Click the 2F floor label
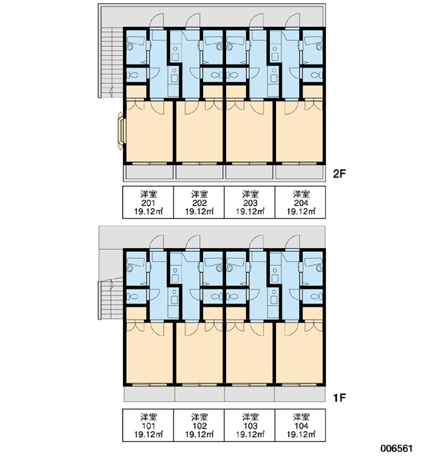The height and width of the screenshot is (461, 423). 339,174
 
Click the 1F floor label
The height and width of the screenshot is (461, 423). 339,397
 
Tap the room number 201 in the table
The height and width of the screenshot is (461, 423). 148,203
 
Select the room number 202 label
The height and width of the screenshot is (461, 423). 199,203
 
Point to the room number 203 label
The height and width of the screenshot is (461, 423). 250,203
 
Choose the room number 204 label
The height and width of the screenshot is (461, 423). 301,203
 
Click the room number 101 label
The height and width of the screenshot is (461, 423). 148,426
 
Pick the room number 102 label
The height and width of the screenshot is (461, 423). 199,426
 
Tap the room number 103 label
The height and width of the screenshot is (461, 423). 250,426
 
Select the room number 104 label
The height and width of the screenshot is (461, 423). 301,426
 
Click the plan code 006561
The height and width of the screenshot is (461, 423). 396,449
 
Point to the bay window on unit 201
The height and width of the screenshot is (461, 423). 122,131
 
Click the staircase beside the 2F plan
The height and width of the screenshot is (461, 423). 111,61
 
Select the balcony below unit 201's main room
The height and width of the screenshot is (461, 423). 148,171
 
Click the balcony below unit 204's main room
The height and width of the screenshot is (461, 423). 300,171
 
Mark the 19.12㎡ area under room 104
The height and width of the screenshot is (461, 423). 301,434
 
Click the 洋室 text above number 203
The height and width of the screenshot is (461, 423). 250,194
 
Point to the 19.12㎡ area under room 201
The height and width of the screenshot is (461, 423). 148,211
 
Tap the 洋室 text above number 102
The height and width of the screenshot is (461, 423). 199,417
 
